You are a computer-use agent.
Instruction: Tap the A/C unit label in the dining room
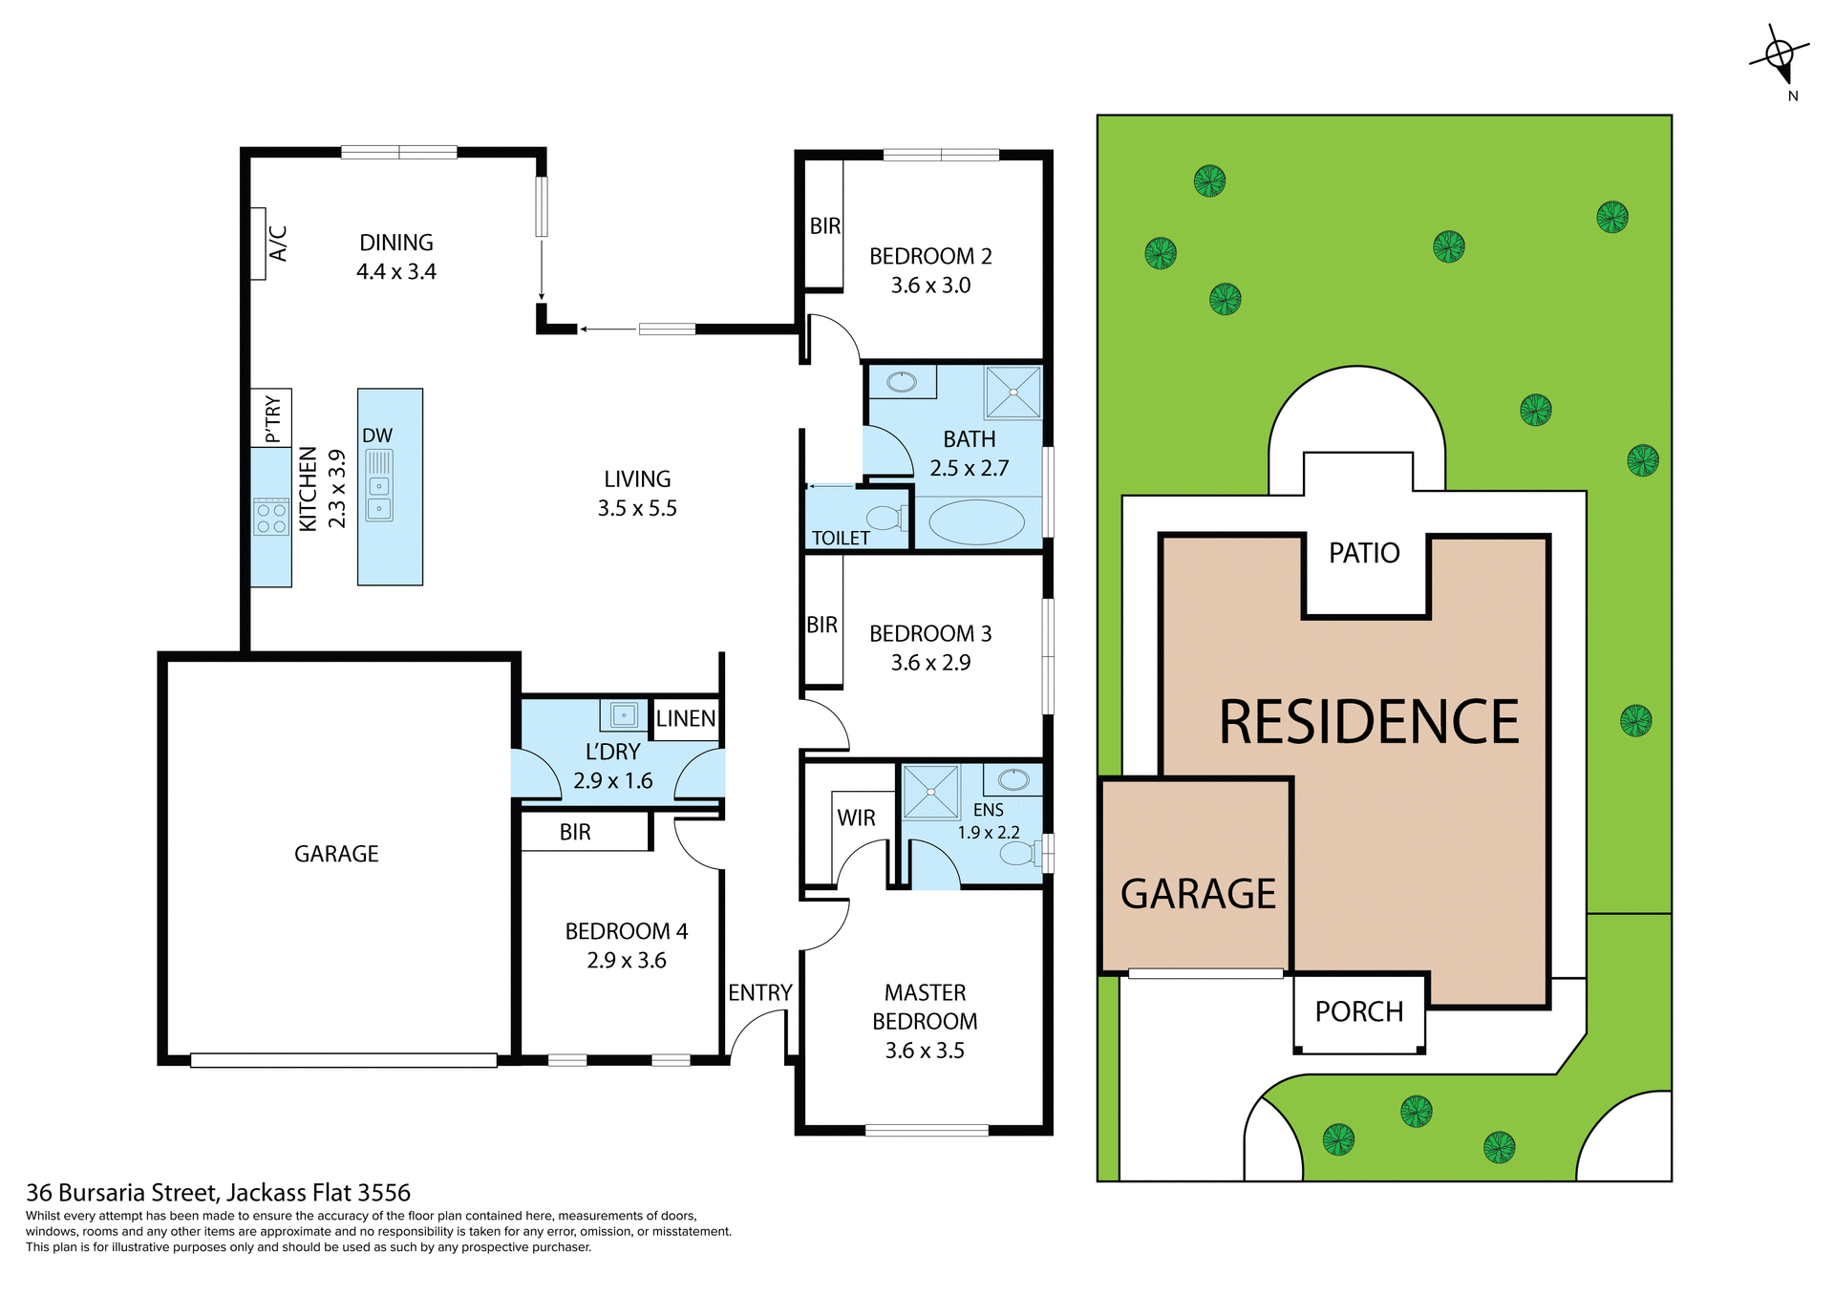pos(277,244)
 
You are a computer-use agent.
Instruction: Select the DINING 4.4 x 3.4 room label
pos(396,257)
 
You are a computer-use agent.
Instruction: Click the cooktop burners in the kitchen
pos(271,517)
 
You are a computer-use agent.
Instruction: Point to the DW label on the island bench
pos(377,436)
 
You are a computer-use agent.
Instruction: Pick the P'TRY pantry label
pos(272,418)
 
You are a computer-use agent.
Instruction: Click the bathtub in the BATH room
pos(976,522)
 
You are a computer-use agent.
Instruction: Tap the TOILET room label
pos(841,539)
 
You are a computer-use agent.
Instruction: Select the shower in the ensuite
pos(930,792)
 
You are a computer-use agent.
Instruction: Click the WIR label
pos(856,818)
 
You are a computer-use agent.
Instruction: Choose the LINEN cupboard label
pos(686,719)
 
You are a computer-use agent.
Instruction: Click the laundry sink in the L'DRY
pos(624,714)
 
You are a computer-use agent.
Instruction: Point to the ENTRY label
pos(760,993)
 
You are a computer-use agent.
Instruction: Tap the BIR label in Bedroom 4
pos(575,833)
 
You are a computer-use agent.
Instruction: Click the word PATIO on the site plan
pos(1364,553)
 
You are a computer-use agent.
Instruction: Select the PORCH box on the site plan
pos(1359,1012)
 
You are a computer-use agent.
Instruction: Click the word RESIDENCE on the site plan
pos(1369,722)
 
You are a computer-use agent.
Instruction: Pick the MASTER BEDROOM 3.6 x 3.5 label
pos(925,1022)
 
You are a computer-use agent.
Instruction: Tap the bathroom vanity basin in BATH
pos(902,383)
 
